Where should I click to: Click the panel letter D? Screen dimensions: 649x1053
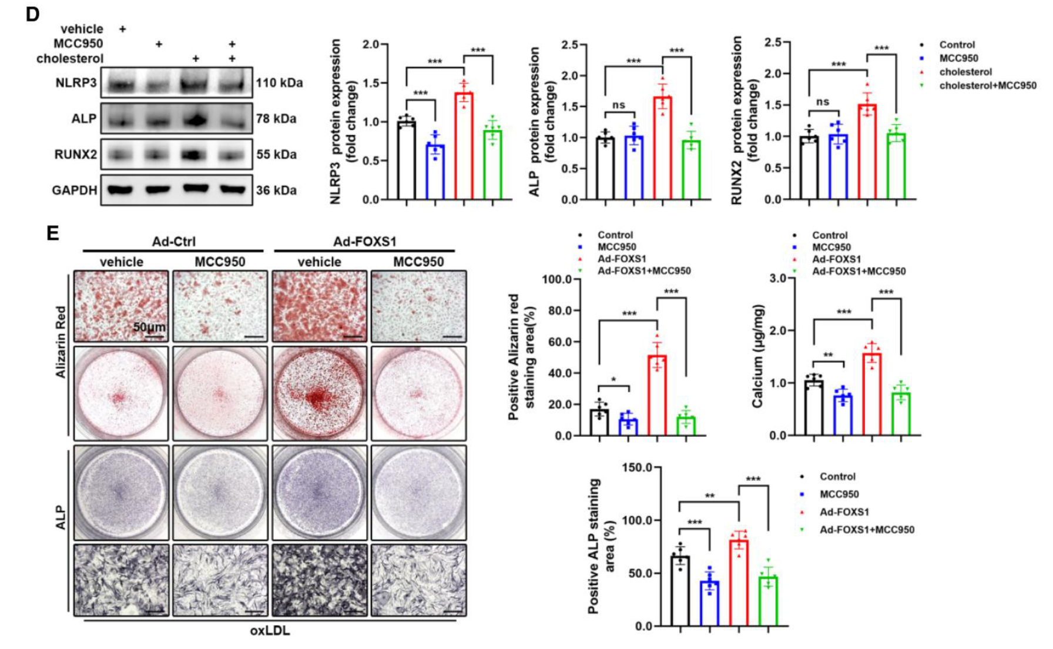pyautogui.click(x=32, y=14)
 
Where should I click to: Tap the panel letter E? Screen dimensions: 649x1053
pyautogui.click(x=53, y=233)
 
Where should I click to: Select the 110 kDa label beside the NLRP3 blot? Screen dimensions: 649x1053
pyautogui.click(x=279, y=83)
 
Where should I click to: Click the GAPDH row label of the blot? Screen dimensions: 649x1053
pyautogui.click(x=74, y=190)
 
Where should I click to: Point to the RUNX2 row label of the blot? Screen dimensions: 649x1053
pyautogui.click(x=75, y=155)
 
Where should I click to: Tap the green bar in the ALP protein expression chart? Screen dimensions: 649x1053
pyautogui.click(x=692, y=170)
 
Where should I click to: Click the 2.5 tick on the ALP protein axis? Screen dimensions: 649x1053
pyautogui.click(x=569, y=45)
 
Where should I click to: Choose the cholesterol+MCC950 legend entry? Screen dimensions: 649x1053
pyautogui.click(x=987, y=86)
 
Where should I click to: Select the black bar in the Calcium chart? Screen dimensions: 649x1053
pyautogui.click(x=814, y=408)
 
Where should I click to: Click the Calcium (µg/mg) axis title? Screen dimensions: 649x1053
pyautogui.click(x=758, y=356)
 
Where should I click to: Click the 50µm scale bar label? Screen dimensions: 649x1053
pyautogui.click(x=149, y=327)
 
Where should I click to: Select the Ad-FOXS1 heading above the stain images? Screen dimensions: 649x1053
pyautogui.click(x=364, y=242)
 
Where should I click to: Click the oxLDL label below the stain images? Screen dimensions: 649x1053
pyautogui.click(x=270, y=631)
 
